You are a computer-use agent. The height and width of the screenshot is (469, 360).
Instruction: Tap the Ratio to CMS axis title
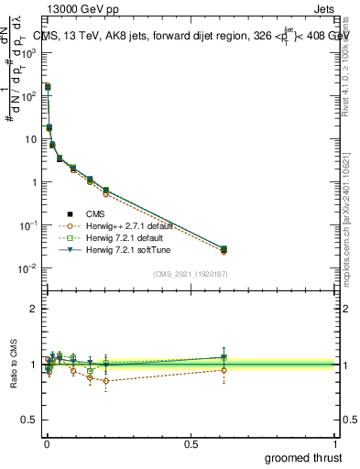click(x=15, y=365)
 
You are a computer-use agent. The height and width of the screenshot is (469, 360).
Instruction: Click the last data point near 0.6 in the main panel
click(x=224, y=249)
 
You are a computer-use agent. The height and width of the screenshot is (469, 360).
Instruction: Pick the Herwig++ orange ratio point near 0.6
click(x=224, y=370)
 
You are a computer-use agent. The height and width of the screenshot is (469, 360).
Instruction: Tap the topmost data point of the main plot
click(x=47, y=87)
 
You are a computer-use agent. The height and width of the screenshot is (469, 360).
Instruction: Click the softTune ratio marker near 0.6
click(x=224, y=357)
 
